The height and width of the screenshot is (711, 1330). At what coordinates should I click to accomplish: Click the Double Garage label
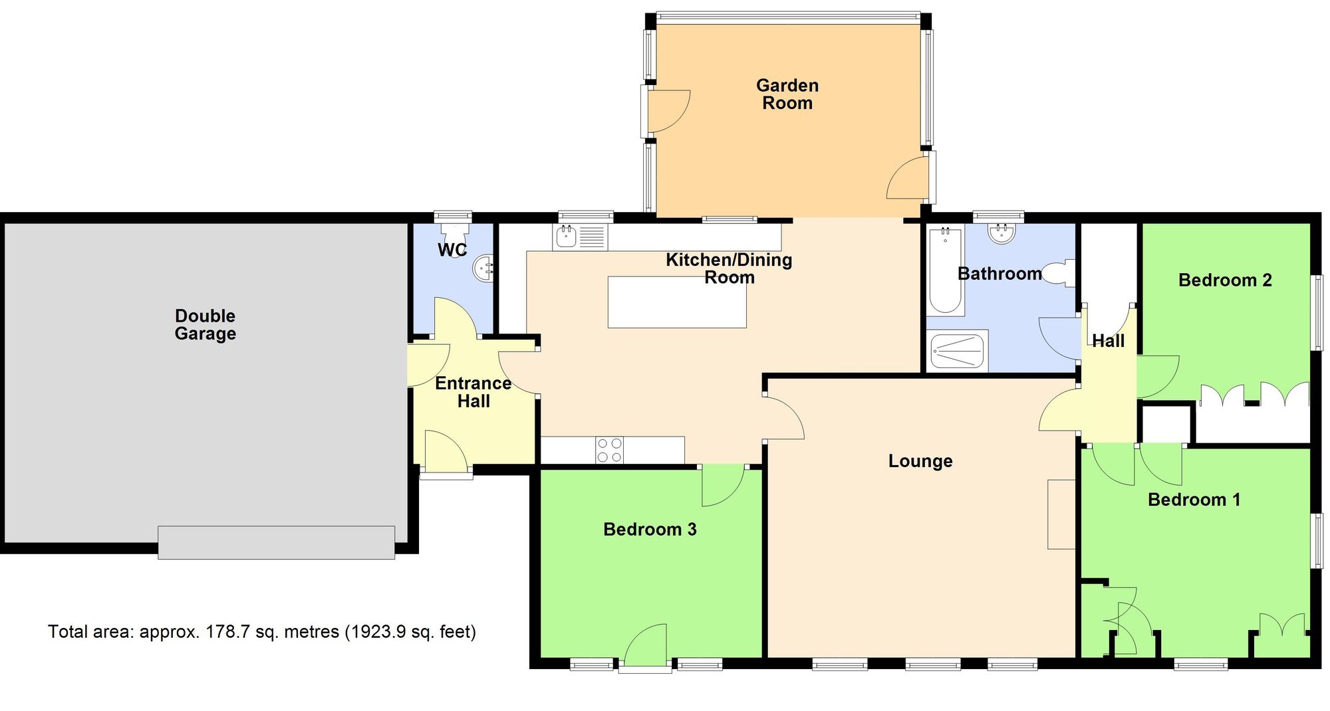(205, 324)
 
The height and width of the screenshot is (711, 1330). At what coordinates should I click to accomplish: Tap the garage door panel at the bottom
(276, 542)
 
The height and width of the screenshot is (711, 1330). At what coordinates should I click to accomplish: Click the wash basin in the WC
(483, 268)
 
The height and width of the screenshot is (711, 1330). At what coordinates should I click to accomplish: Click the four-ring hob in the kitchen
(610, 450)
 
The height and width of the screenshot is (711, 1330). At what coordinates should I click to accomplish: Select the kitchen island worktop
(677, 302)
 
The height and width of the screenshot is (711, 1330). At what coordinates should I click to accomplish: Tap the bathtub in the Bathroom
(945, 270)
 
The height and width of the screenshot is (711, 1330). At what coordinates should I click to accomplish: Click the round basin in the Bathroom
(1001, 233)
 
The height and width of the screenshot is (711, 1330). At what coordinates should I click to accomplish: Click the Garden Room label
(787, 94)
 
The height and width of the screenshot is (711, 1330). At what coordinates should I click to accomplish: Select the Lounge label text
(920, 461)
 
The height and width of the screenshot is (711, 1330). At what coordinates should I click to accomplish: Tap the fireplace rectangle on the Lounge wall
(1061, 514)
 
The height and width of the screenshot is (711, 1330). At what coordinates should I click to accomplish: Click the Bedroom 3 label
(650, 530)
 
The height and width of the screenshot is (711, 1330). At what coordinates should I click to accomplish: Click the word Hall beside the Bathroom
(1108, 341)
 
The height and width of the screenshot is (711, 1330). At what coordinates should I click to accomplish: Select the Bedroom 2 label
(1225, 280)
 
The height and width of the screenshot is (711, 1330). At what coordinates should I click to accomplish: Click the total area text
(262, 631)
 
